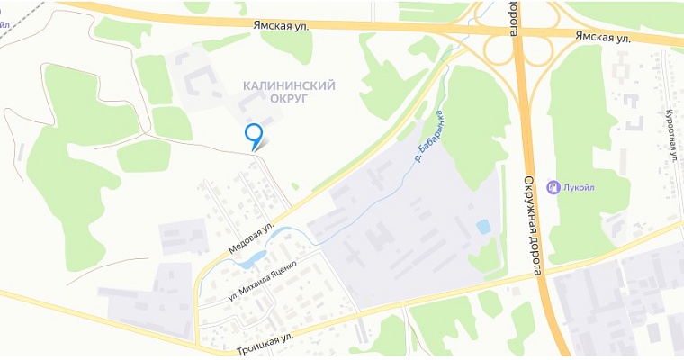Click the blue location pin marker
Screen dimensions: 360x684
(255, 133)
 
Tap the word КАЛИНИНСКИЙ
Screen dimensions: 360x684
(289, 85)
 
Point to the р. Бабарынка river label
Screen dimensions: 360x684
(427, 136)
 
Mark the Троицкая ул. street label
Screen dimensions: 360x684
(265, 343)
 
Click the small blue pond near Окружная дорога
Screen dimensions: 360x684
(484, 226)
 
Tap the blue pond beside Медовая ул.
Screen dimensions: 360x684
(249, 260)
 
